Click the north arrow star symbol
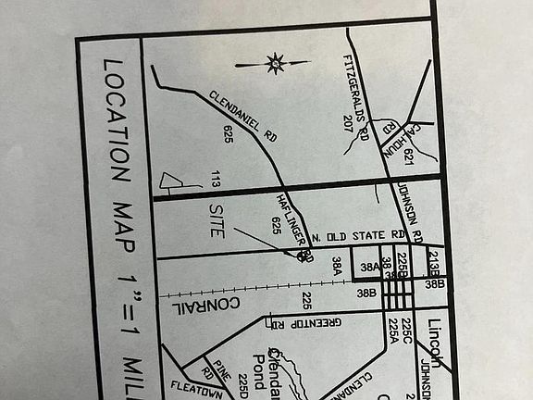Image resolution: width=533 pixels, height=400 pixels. tap(274, 64)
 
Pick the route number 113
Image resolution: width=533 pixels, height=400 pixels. tap(215, 180)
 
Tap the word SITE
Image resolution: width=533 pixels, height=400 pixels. tap(216, 221)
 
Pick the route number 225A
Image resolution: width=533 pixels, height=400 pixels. tap(393, 332)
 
